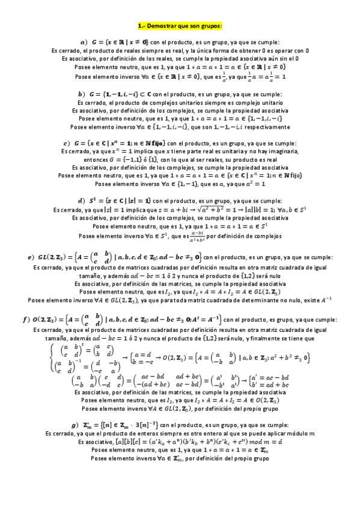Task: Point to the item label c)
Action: (x=66, y=143)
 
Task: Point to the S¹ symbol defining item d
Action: (x=99, y=200)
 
